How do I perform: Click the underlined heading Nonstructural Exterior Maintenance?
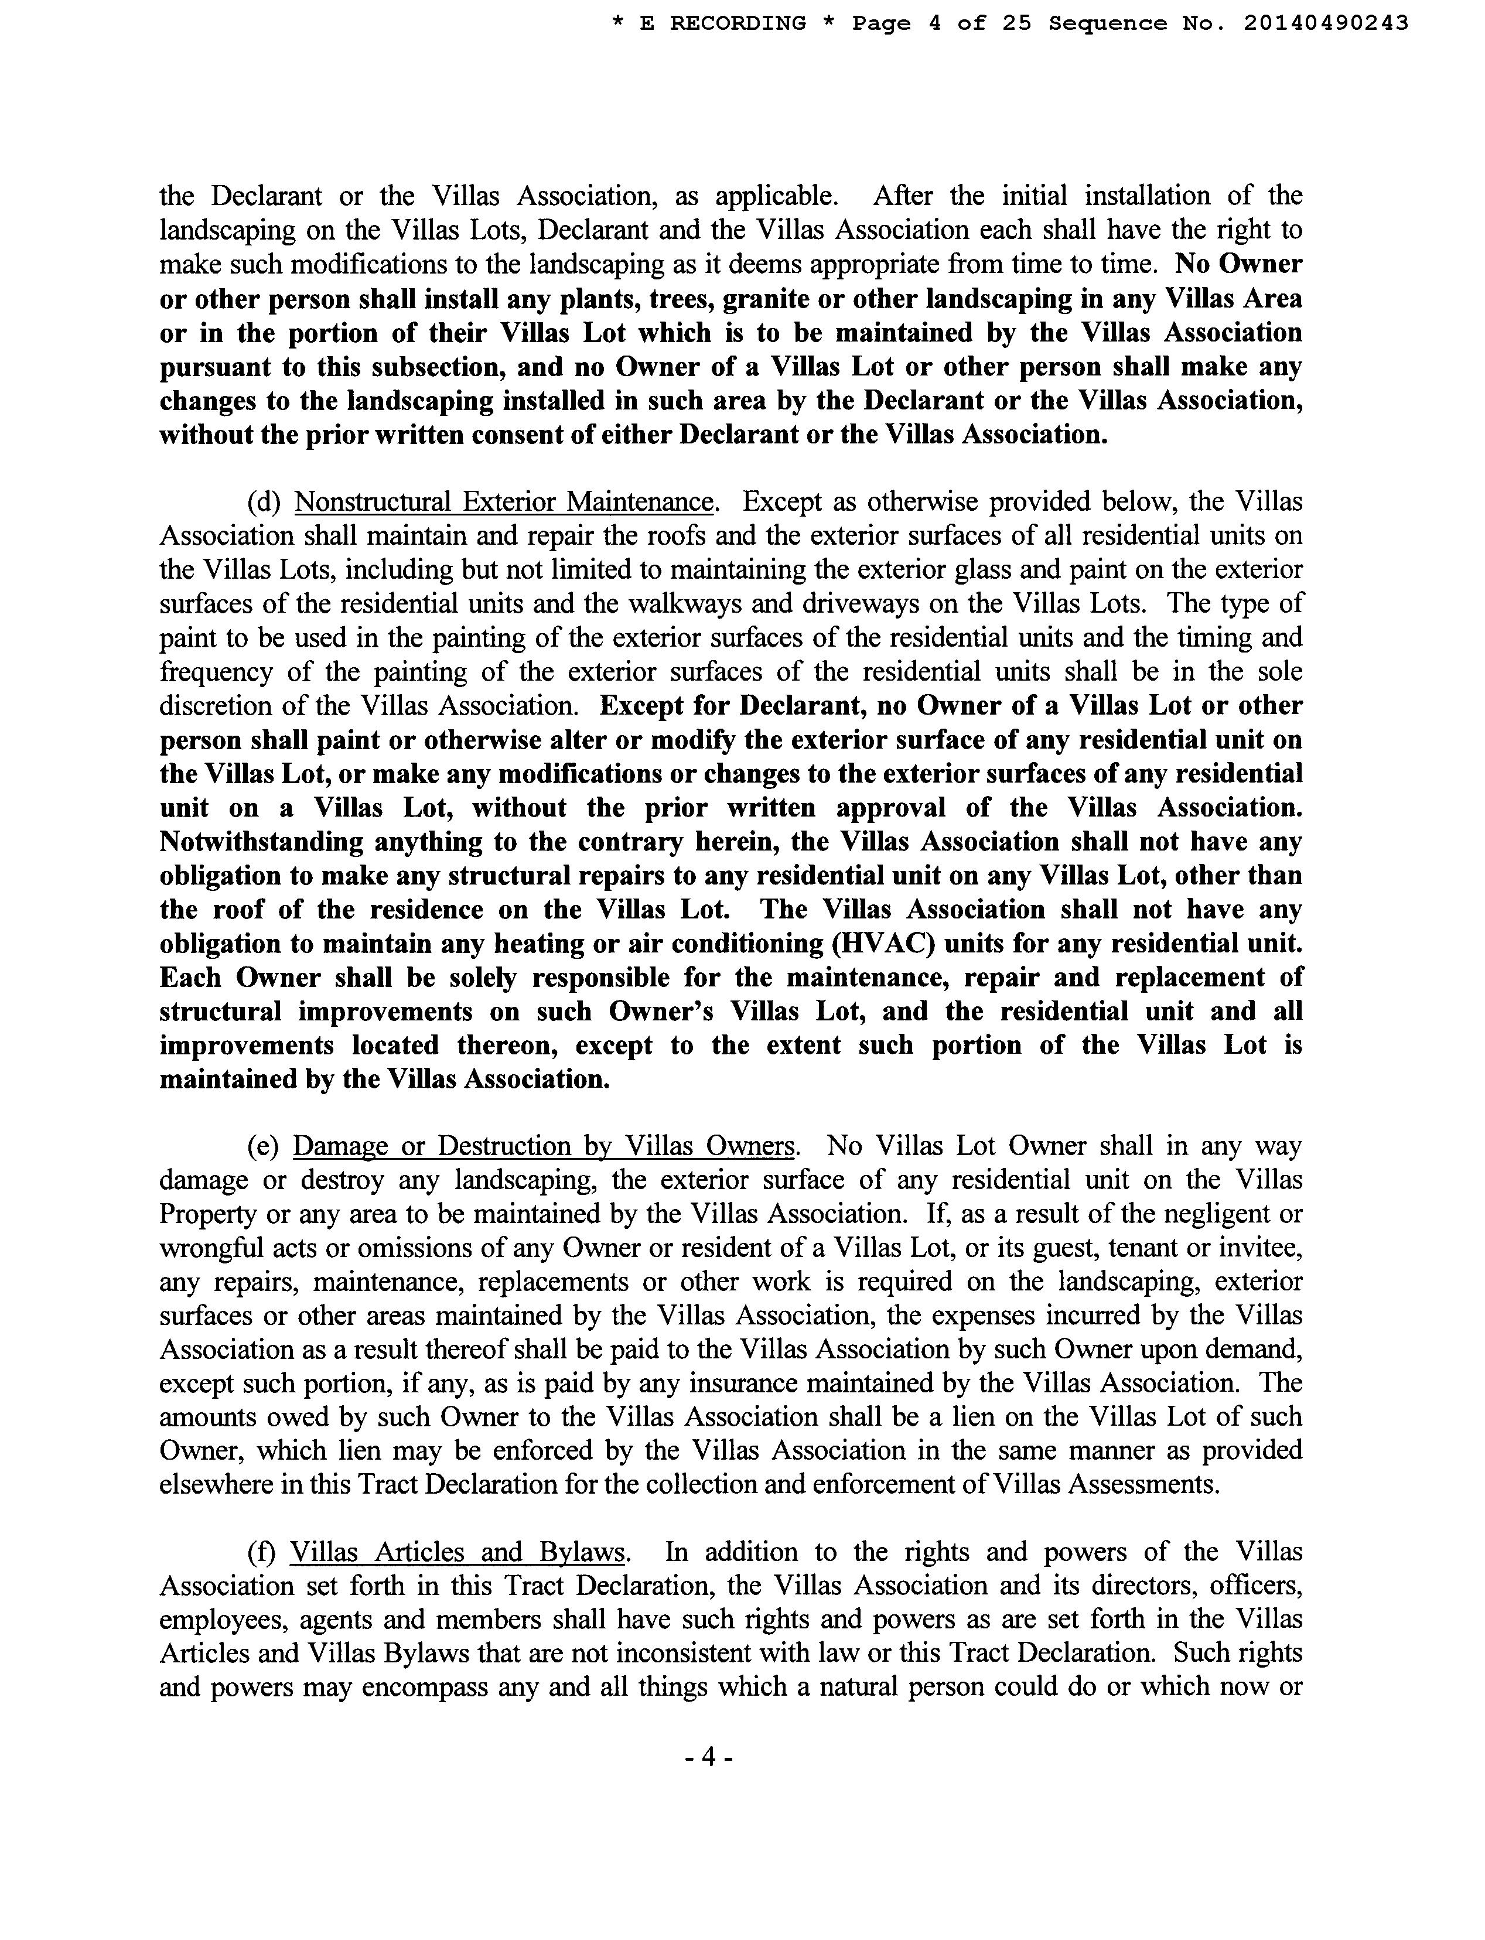(504, 502)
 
